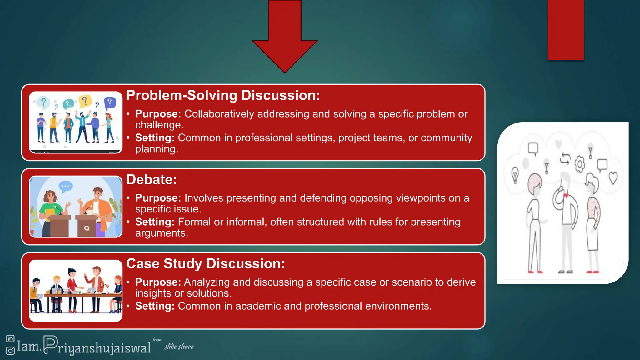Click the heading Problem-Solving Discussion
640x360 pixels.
tap(223, 95)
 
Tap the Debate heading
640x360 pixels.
tap(152, 180)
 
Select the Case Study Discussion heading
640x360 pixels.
tap(206, 264)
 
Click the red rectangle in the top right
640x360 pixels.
tap(566, 30)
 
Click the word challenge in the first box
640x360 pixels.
tap(159, 125)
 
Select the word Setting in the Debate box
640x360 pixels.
tap(155, 222)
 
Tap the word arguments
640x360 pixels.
tap(161, 233)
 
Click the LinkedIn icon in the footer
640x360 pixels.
tap(10, 338)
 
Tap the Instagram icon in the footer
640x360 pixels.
tap(10, 351)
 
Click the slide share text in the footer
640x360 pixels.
tap(179, 347)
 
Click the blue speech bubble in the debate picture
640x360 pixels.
tap(66, 187)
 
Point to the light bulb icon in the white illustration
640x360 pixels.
tap(515, 175)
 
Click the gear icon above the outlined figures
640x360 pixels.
tap(580, 164)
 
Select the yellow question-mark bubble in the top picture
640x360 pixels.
tap(84, 101)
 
